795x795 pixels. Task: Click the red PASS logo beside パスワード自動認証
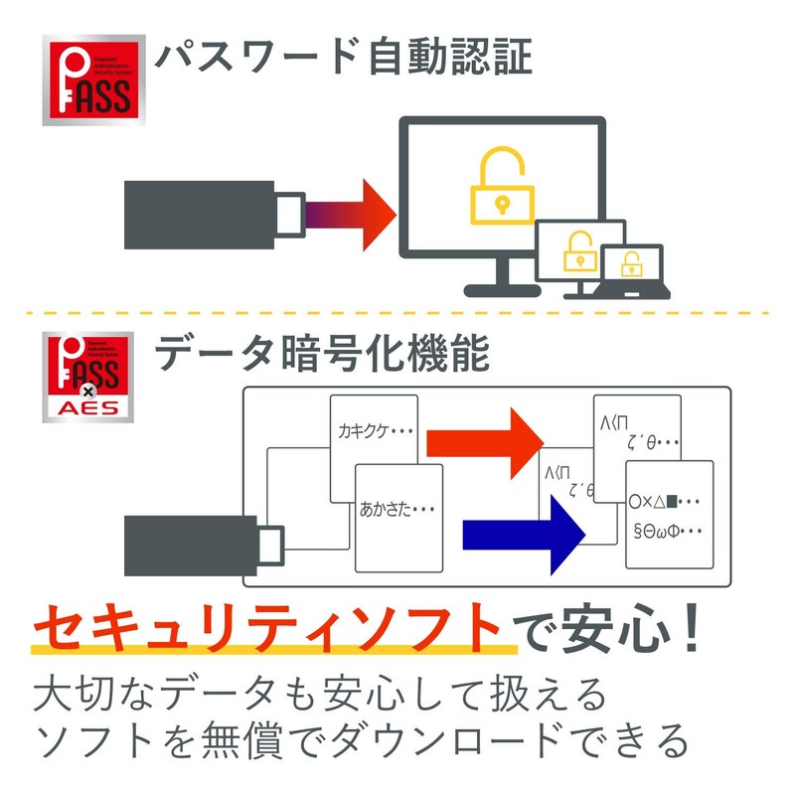pos(92,80)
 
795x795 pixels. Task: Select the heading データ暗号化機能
pos(322,354)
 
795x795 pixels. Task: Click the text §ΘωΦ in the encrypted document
pos(667,532)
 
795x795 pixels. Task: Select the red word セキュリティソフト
pos(267,627)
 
